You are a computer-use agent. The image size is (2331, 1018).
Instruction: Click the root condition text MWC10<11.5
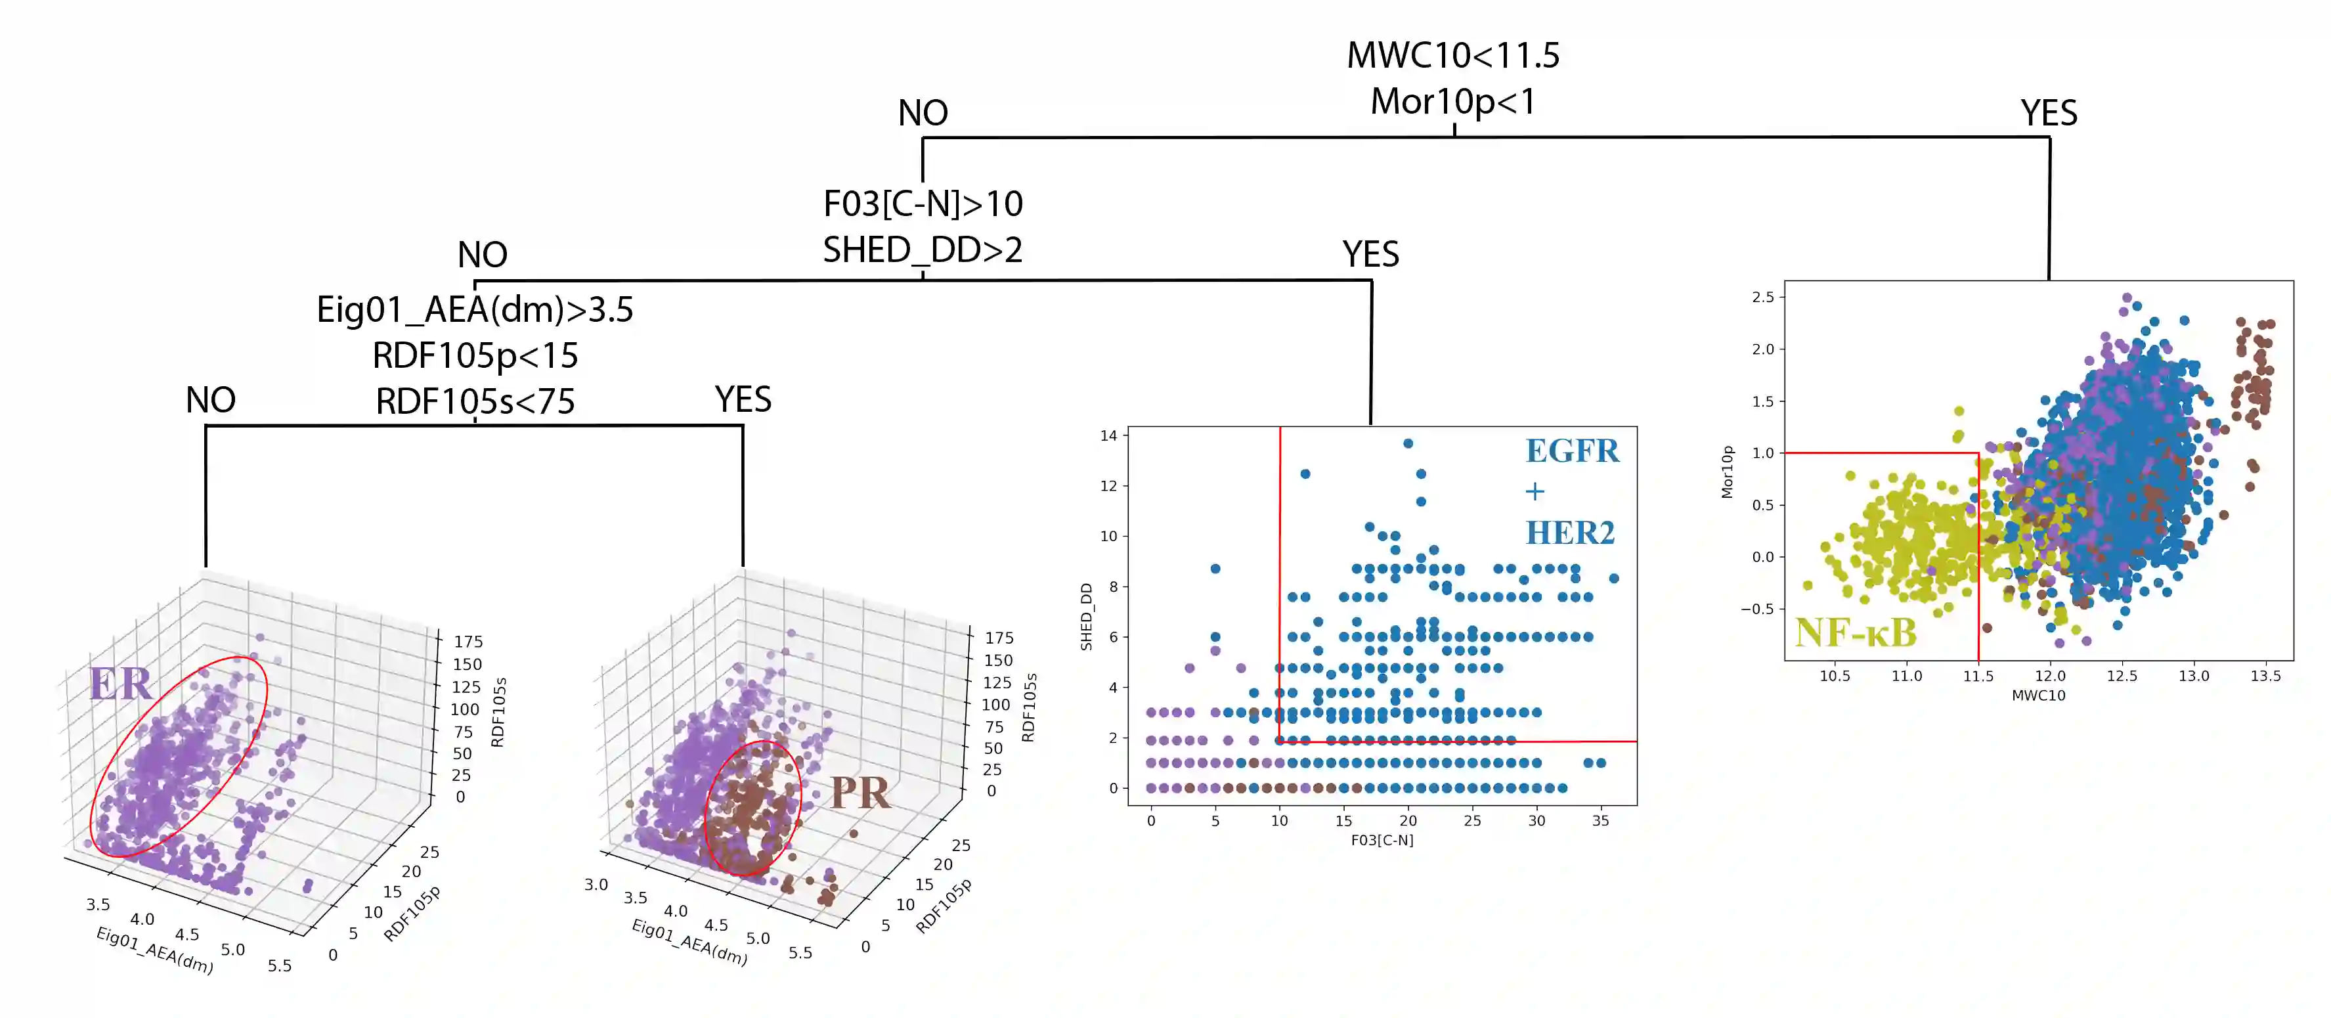point(1452,55)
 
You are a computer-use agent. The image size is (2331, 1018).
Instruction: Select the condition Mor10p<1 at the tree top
point(1452,101)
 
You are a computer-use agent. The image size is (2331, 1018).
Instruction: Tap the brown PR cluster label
point(860,793)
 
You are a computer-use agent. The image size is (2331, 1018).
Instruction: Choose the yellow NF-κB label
point(1855,632)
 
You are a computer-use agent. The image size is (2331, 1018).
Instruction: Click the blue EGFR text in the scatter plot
point(1572,451)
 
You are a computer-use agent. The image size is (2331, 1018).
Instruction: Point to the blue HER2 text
point(1570,533)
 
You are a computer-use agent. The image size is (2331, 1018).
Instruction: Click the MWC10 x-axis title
point(2037,695)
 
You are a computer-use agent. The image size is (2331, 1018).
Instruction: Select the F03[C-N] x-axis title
point(1382,840)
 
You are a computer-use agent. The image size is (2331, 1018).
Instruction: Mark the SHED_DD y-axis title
point(1086,616)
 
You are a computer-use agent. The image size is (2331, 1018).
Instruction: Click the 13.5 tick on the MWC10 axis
point(2265,675)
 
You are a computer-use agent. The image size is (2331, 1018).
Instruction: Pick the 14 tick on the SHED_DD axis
point(1108,435)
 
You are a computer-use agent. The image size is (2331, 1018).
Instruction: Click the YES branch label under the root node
point(2049,113)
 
